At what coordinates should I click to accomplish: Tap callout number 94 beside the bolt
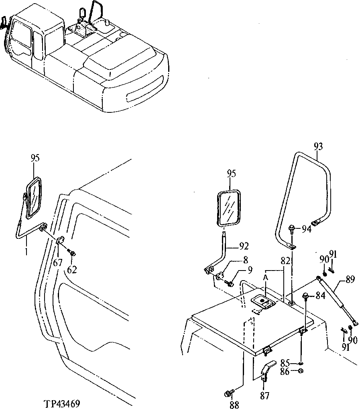(307, 229)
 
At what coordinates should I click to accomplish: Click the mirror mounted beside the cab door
(34, 199)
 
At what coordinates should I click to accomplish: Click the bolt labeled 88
(230, 392)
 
